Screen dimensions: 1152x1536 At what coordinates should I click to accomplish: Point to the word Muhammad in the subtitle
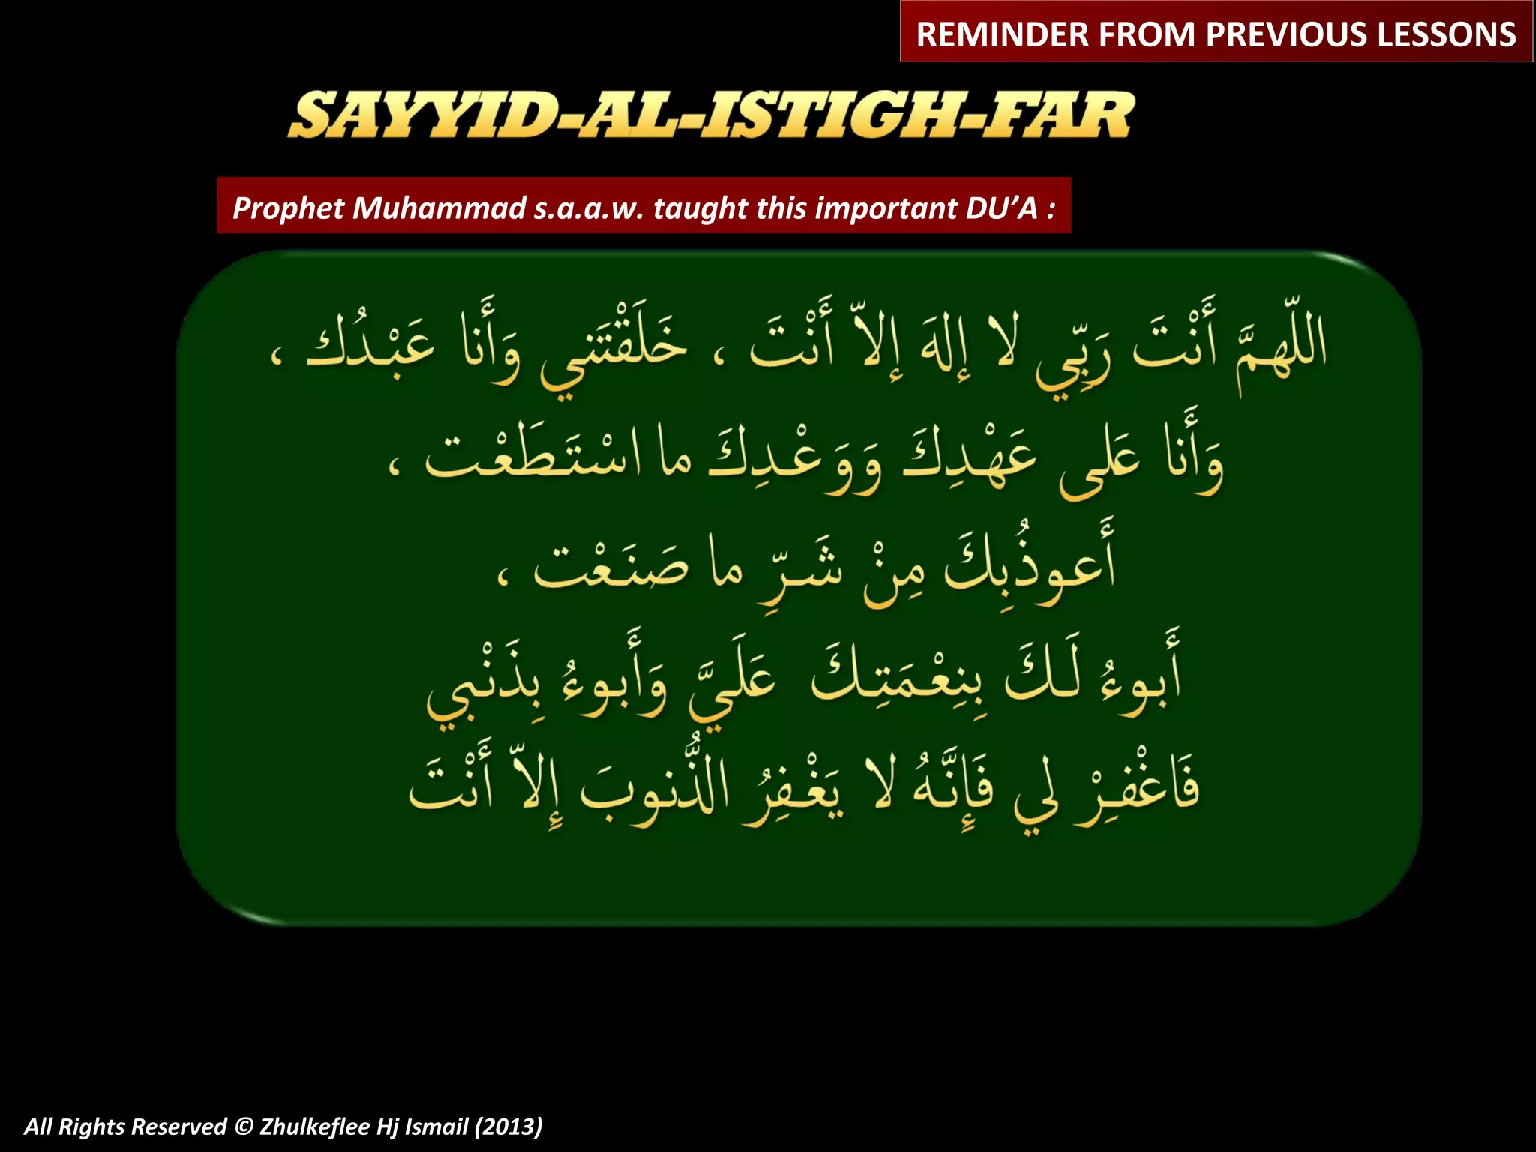[x=439, y=208]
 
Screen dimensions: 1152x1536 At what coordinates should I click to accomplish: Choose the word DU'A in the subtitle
[x=1001, y=208]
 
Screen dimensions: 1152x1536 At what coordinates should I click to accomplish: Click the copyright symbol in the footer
[x=243, y=1126]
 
